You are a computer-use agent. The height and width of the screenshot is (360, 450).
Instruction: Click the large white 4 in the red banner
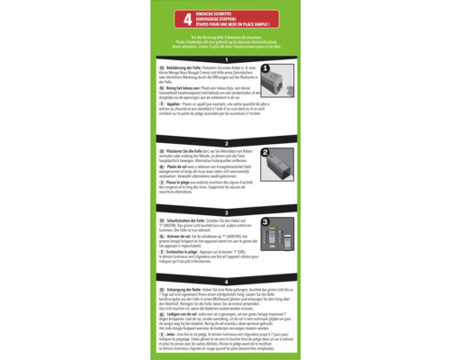(x=187, y=18)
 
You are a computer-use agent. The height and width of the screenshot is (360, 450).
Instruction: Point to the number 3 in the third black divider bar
(x=225, y=211)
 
